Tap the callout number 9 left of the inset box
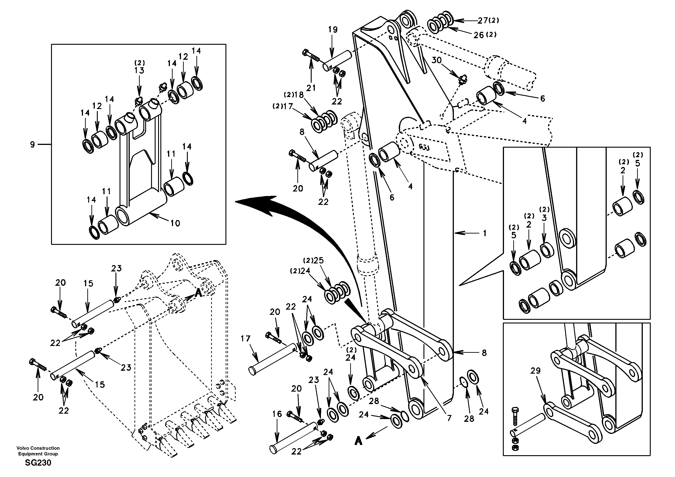pyautogui.click(x=32, y=144)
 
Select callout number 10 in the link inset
pyautogui.click(x=175, y=223)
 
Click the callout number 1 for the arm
pyautogui.click(x=484, y=233)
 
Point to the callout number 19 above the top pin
pyautogui.click(x=333, y=30)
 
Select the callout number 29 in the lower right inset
pyautogui.click(x=535, y=371)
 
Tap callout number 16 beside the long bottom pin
pyautogui.click(x=277, y=414)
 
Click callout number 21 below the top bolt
pyautogui.click(x=311, y=87)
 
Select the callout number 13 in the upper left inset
pyautogui.click(x=139, y=70)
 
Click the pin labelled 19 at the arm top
pyautogui.click(x=337, y=61)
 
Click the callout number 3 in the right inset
pyautogui.click(x=544, y=218)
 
